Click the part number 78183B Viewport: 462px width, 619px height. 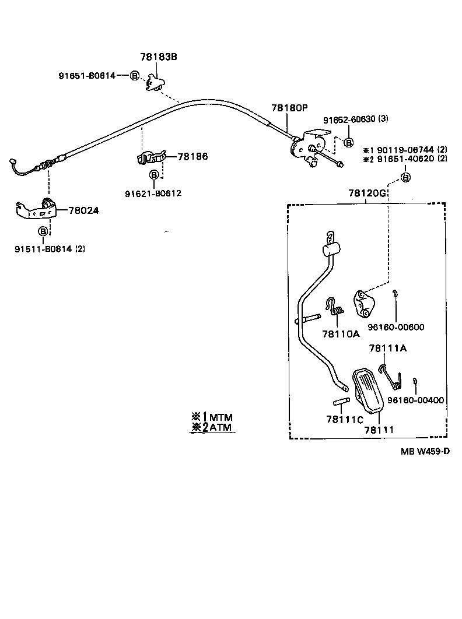pos(158,57)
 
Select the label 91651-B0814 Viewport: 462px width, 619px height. pos(86,75)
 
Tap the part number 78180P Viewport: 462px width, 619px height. pos(289,108)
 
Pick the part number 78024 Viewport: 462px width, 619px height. pos(84,210)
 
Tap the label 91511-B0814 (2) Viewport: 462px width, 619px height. pos(50,248)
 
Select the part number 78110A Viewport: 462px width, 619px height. pos(341,334)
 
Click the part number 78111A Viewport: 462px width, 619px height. pos(388,348)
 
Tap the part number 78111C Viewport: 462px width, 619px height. pos(345,419)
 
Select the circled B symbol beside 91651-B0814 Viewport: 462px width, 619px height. pos(134,76)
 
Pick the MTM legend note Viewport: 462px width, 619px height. pos(212,417)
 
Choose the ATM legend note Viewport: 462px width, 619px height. pos(212,428)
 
